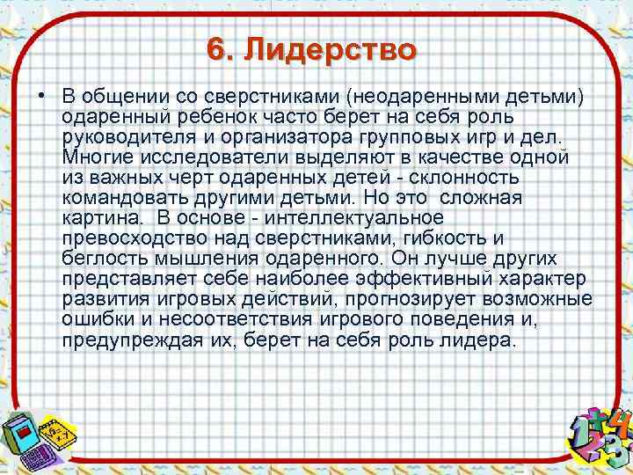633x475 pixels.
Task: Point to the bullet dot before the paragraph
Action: tap(41, 95)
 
